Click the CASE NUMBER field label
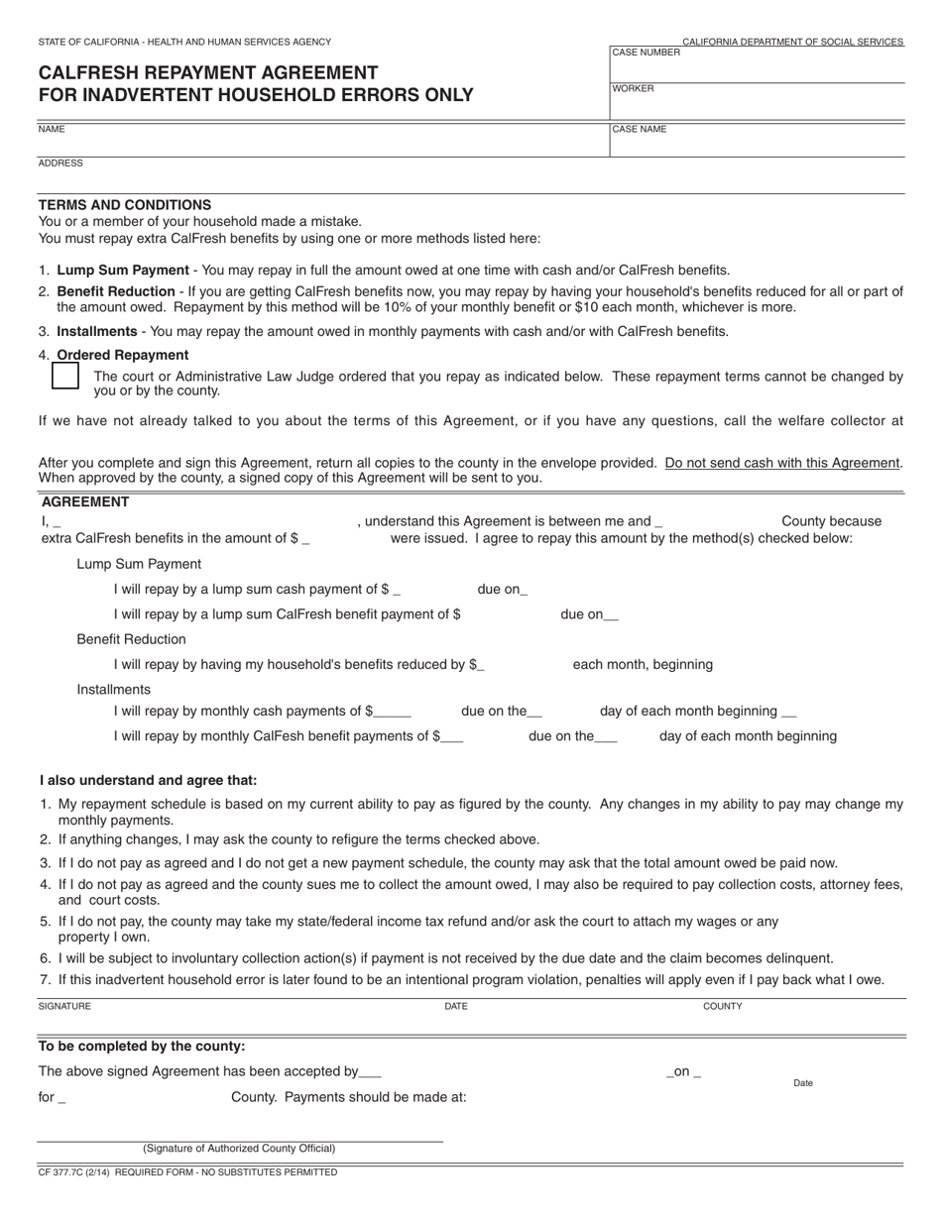pos(646,53)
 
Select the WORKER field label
pos(633,89)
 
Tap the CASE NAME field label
pos(640,130)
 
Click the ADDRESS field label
pos(60,164)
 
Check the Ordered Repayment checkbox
pos(65,377)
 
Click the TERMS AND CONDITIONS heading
pos(125,205)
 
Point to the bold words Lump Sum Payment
pos(123,271)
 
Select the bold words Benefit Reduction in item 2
pos(116,292)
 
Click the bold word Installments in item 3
pos(97,332)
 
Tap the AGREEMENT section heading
pos(85,502)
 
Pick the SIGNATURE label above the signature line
pos(64,1007)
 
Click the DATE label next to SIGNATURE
pos(456,1007)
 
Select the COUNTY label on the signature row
pos(722,1007)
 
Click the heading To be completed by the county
pos(142,1047)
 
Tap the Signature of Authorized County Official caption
pos(239,1149)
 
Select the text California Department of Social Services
pos(792,43)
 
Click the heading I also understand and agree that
pos(148,781)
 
